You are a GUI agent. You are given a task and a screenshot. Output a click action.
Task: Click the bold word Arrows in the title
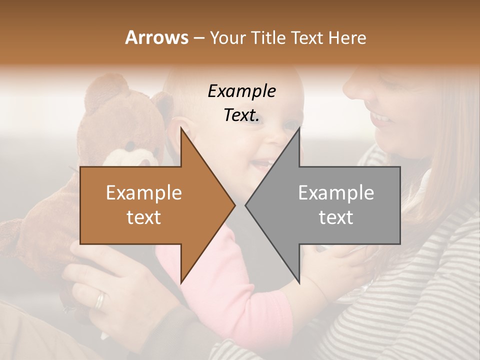(156, 37)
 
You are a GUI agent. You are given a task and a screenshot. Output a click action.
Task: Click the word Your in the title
(227, 37)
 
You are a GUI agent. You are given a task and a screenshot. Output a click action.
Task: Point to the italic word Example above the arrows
(242, 91)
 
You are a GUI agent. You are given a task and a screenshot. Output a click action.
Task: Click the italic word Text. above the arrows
(242, 115)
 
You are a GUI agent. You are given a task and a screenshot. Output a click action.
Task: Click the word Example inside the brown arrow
(144, 193)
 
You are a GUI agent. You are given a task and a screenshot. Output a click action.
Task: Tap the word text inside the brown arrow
(144, 217)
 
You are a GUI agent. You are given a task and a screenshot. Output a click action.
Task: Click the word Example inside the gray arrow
(336, 193)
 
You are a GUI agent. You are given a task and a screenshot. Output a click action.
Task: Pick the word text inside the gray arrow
(336, 217)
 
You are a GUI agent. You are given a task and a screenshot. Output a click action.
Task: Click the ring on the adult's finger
(100, 300)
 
